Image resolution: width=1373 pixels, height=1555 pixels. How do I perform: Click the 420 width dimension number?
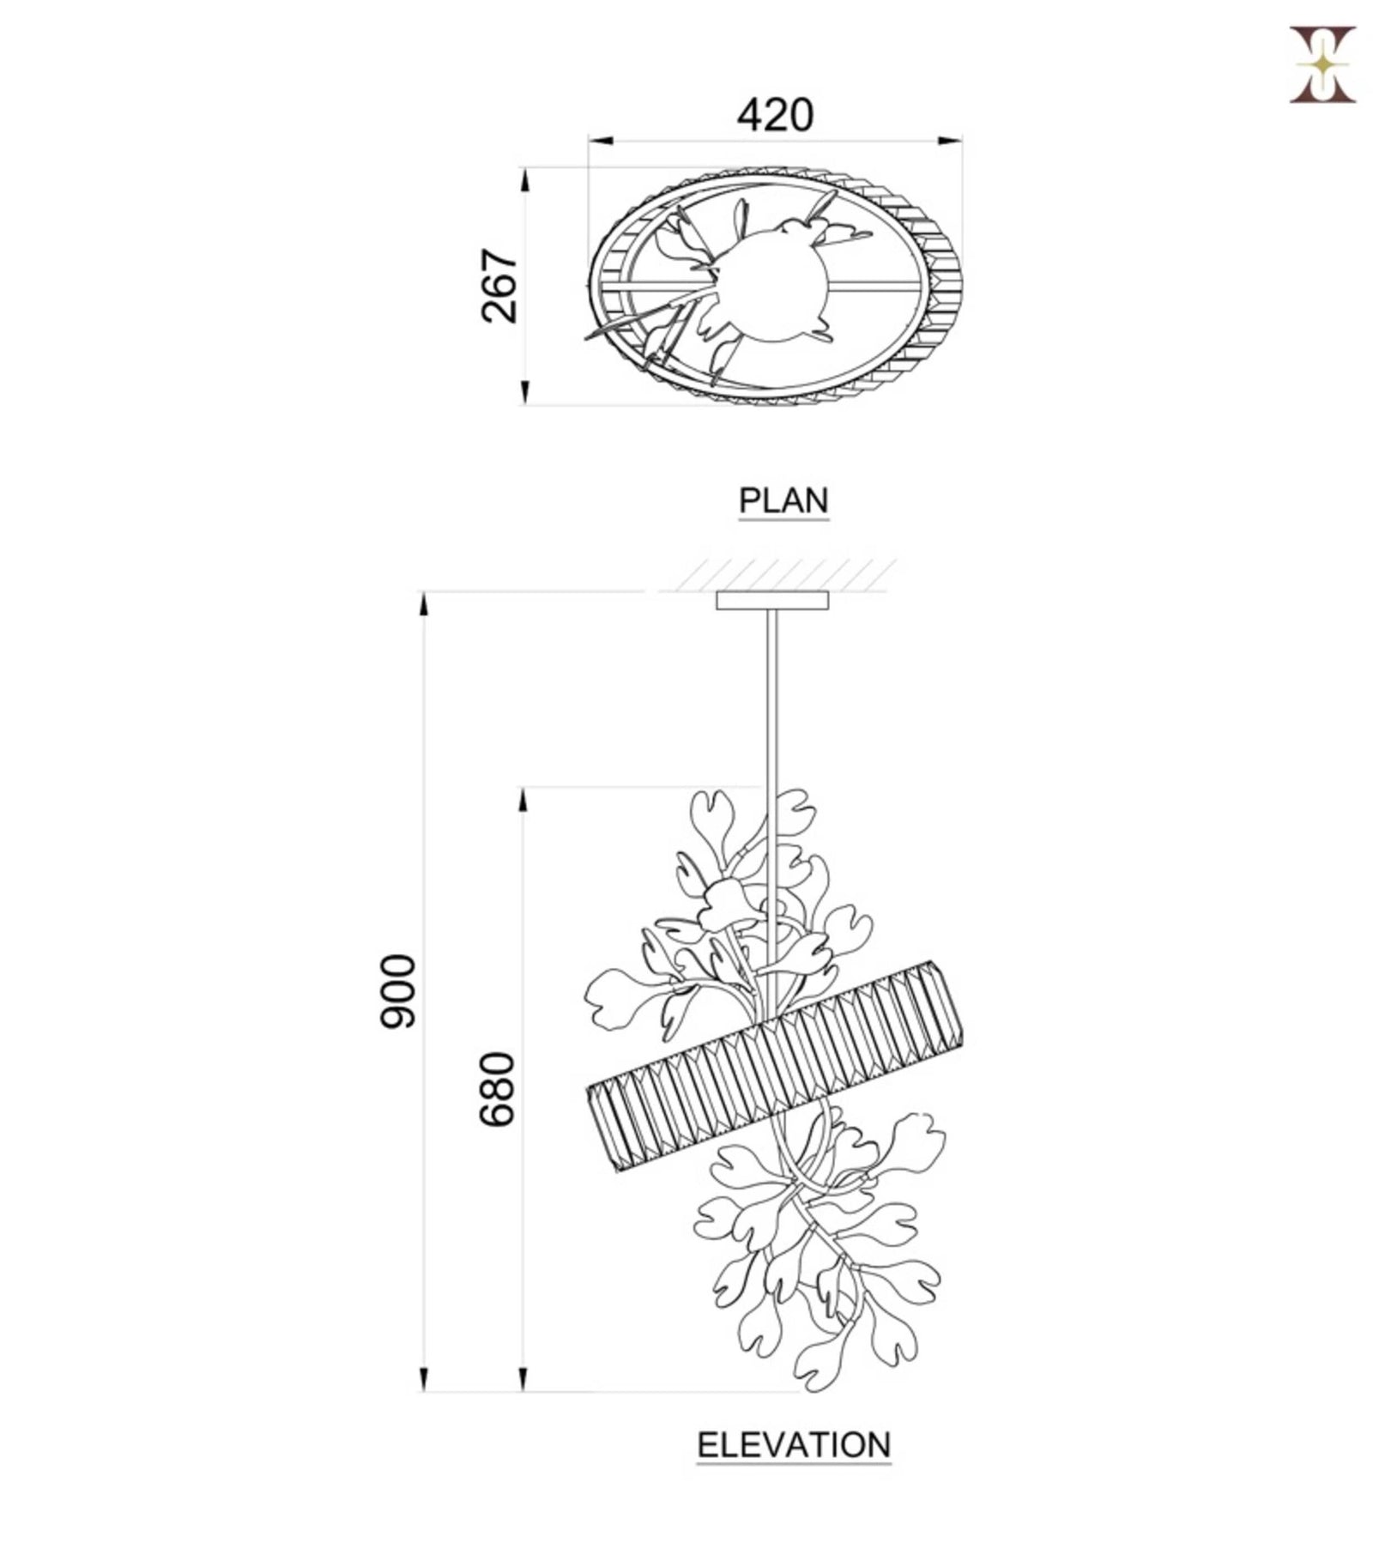tap(774, 114)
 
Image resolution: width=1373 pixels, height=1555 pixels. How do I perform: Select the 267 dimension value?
tap(499, 286)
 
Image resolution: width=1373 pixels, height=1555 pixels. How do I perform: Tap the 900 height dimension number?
tap(398, 990)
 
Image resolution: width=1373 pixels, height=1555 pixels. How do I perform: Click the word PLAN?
tap(784, 500)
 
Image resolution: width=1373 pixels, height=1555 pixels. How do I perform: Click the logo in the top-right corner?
tap(1322, 64)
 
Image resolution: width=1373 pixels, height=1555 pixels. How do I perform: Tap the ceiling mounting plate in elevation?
tap(773, 600)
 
